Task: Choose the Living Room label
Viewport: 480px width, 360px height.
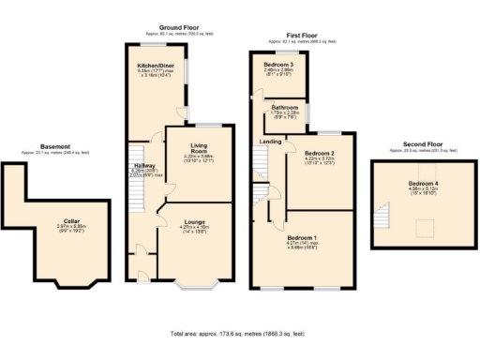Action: tap(197, 147)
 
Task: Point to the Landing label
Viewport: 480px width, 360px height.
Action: tap(270, 142)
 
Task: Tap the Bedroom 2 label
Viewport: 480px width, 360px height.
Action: tap(320, 152)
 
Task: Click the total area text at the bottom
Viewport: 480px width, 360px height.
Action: tap(238, 333)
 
